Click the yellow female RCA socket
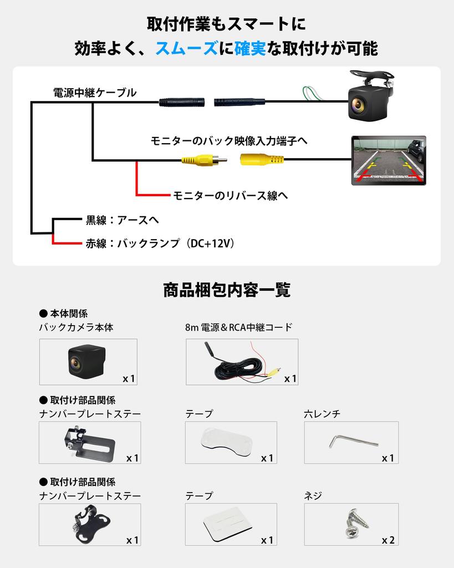[x=262, y=160]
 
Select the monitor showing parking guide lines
[x=388, y=160]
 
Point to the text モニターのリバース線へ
[x=230, y=195]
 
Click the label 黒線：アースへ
[x=122, y=220]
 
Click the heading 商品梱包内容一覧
[x=227, y=290]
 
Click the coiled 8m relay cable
[x=240, y=366]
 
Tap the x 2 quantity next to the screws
[x=388, y=540]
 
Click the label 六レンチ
[x=322, y=414]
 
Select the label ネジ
[x=313, y=496]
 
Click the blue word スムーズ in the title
[x=186, y=49]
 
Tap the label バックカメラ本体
[x=76, y=327]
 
